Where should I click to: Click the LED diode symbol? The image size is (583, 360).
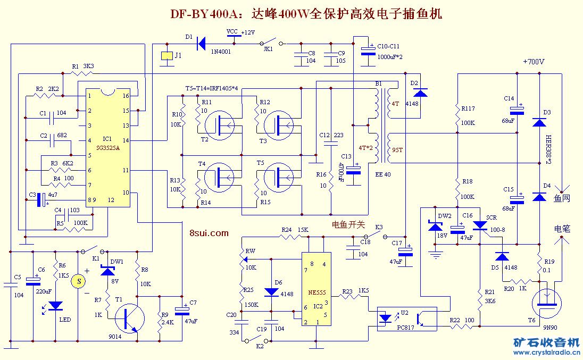coord(55,307)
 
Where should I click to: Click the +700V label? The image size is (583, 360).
coord(534,62)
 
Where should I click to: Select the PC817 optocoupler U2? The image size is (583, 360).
coord(407,318)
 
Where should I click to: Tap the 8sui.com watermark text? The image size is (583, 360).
coord(209,232)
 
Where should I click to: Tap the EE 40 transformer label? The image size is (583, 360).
coord(383,174)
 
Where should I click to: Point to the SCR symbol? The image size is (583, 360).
coord(480,225)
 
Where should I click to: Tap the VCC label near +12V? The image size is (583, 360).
coord(232,32)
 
